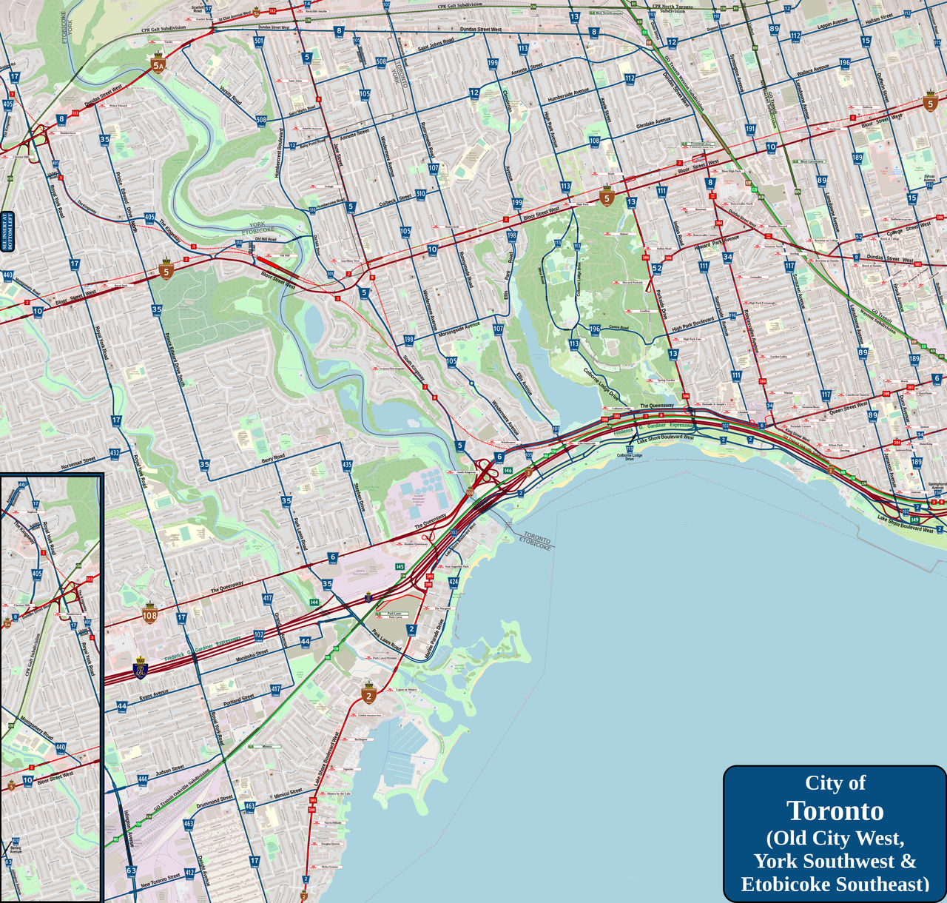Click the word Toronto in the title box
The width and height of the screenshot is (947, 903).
[835, 811]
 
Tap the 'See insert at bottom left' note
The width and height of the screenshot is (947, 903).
[9, 232]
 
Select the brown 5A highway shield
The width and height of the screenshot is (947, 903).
[158, 64]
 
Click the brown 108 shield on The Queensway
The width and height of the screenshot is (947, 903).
[150, 614]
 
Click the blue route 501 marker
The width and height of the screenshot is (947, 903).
[259, 41]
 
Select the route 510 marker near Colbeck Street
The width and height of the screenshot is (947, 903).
[421, 194]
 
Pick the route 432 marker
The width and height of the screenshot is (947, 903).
[114, 453]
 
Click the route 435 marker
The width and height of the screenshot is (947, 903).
[347, 465]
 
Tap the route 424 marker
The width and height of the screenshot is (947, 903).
[454, 582]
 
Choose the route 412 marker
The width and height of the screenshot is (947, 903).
[189, 873]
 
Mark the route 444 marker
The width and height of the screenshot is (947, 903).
[142, 779]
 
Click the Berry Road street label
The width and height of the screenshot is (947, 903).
[273, 460]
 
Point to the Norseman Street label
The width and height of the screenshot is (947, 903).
[78, 463]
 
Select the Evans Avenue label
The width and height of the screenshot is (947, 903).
[154, 695]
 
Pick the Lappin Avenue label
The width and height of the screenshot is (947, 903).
[833, 24]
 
